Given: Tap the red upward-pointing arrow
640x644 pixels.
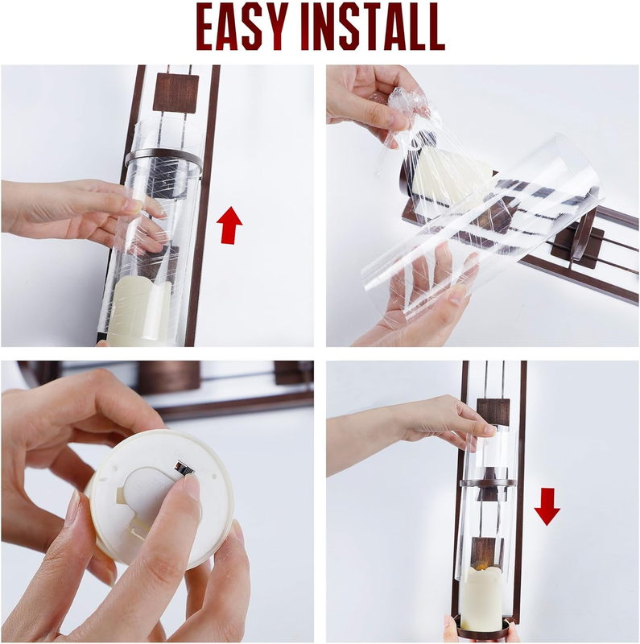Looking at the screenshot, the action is point(229,225).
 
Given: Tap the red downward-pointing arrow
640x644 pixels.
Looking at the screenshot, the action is point(547,506).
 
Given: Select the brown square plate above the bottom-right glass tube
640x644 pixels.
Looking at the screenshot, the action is point(493,411).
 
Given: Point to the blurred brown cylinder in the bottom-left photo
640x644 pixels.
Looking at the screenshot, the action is point(169,374).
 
